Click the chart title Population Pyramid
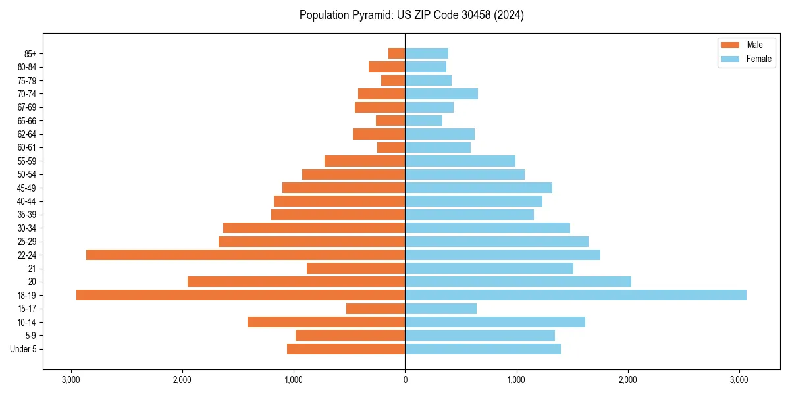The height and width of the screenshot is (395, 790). [411, 15]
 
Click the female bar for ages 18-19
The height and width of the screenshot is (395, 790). [575, 295]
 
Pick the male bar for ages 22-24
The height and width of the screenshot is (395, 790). [246, 255]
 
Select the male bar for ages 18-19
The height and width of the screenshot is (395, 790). [240, 295]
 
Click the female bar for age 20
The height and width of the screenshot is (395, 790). [518, 282]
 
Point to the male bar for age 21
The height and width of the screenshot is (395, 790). [355, 268]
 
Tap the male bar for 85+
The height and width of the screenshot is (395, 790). [396, 53]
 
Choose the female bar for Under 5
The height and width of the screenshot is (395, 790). [483, 349]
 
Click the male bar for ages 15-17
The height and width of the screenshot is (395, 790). [375, 309]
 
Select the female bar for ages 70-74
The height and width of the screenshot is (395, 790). [441, 93]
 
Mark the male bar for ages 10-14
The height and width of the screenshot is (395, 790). [326, 322]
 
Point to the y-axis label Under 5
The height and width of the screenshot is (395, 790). [23, 349]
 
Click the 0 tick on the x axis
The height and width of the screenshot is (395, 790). [405, 379]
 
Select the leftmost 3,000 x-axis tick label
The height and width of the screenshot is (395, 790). [70, 379]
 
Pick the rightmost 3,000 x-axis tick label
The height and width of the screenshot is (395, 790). [739, 379]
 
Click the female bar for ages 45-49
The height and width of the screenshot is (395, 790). [479, 188]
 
